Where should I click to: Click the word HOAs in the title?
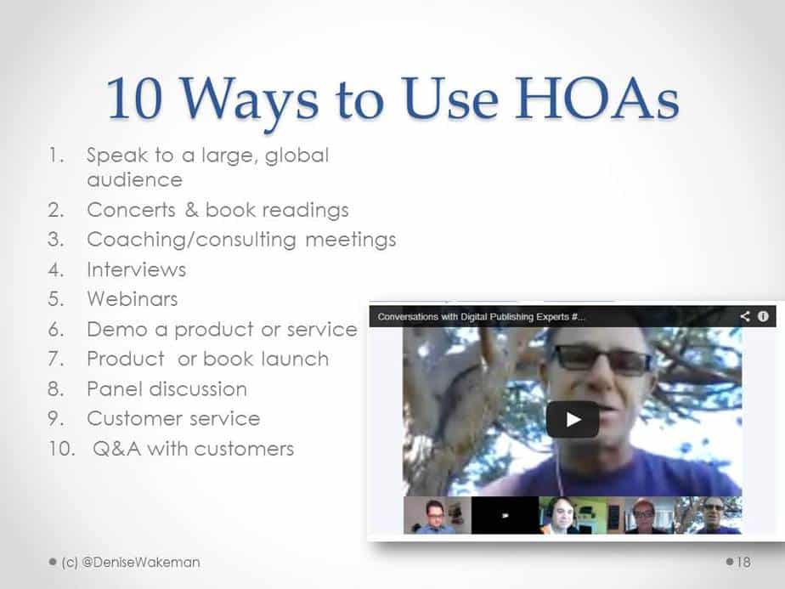(597, 99)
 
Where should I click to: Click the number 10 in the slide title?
(135, 99)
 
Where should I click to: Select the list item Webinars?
(133, 299)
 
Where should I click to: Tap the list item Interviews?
(136, 269)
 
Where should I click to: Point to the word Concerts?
(131, 210)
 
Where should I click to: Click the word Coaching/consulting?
(191, 240)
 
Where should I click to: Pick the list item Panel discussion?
(167, 388)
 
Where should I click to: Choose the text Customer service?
(173, 418)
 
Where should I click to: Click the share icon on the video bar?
(745, 316)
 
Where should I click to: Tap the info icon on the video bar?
(763, 316)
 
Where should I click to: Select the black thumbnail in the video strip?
(505, 515)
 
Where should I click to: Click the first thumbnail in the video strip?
(437, 515)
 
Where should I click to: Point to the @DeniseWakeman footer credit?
(140, 562)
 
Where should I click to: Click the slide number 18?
(743, 562)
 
